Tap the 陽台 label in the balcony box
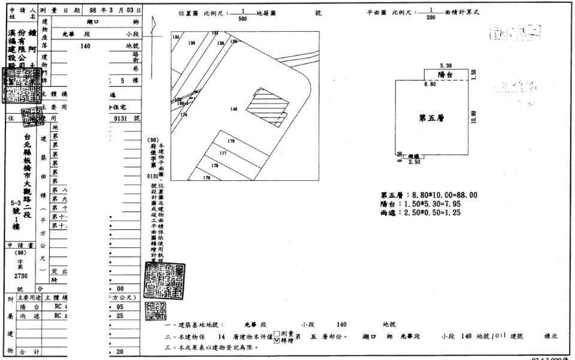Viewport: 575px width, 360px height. (x=445, y=75)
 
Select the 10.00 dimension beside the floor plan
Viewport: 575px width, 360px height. (x=474, y=116)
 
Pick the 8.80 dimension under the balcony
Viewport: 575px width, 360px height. (x=429, y=85)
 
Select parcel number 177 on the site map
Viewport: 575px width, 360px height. (x=223, y=153)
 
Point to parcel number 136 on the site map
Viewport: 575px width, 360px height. (x=192, y=43)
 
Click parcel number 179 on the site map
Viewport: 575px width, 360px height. (x=207, y=178)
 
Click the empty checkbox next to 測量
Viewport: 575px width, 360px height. (x=276, y=334)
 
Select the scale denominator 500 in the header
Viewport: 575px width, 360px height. (x=243, y=19)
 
